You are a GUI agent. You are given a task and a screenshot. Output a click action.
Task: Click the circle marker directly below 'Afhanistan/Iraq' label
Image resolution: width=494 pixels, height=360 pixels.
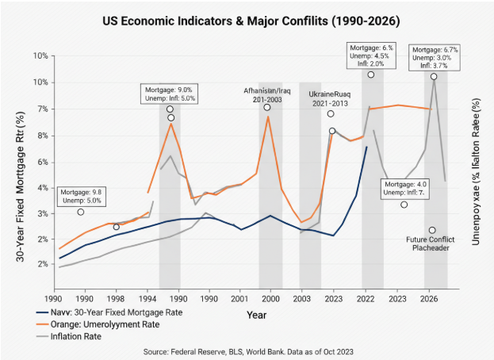[267, 107]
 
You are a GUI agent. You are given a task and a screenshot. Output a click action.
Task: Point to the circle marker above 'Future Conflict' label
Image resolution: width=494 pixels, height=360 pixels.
[432, 230]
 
